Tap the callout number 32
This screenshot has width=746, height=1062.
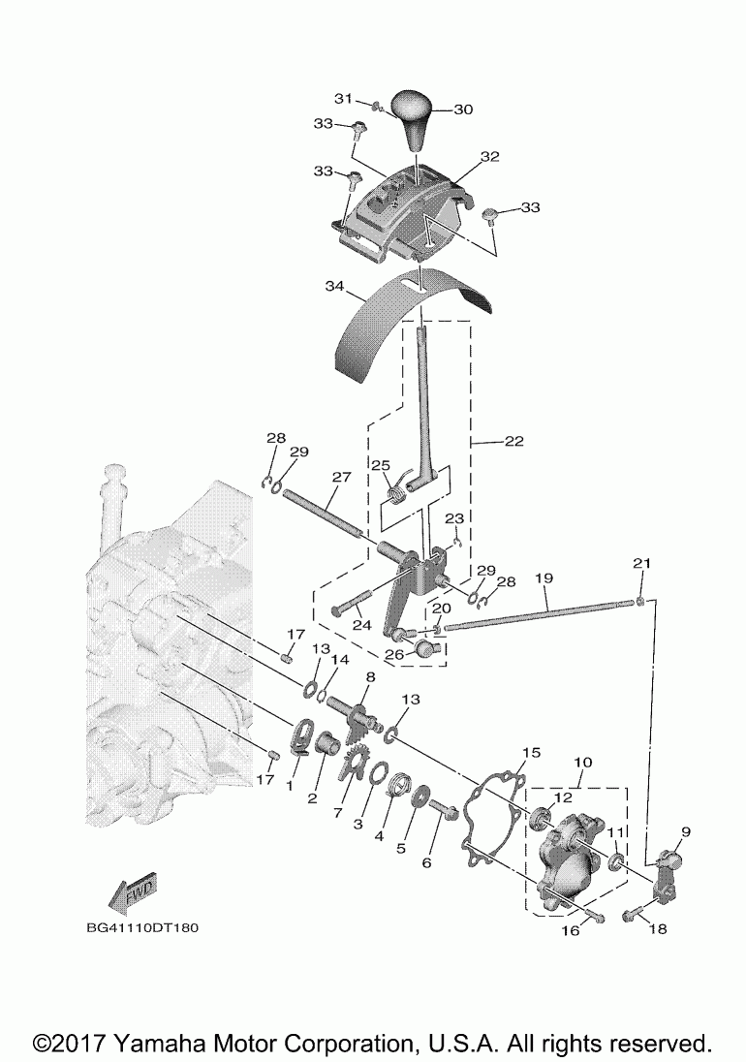489,156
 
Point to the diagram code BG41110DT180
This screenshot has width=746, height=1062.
142,927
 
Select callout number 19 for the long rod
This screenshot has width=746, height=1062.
544,578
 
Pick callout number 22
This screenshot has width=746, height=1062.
514,441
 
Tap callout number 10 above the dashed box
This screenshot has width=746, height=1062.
583,762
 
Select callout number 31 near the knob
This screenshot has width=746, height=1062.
344,99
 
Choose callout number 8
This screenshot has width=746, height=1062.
370,676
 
